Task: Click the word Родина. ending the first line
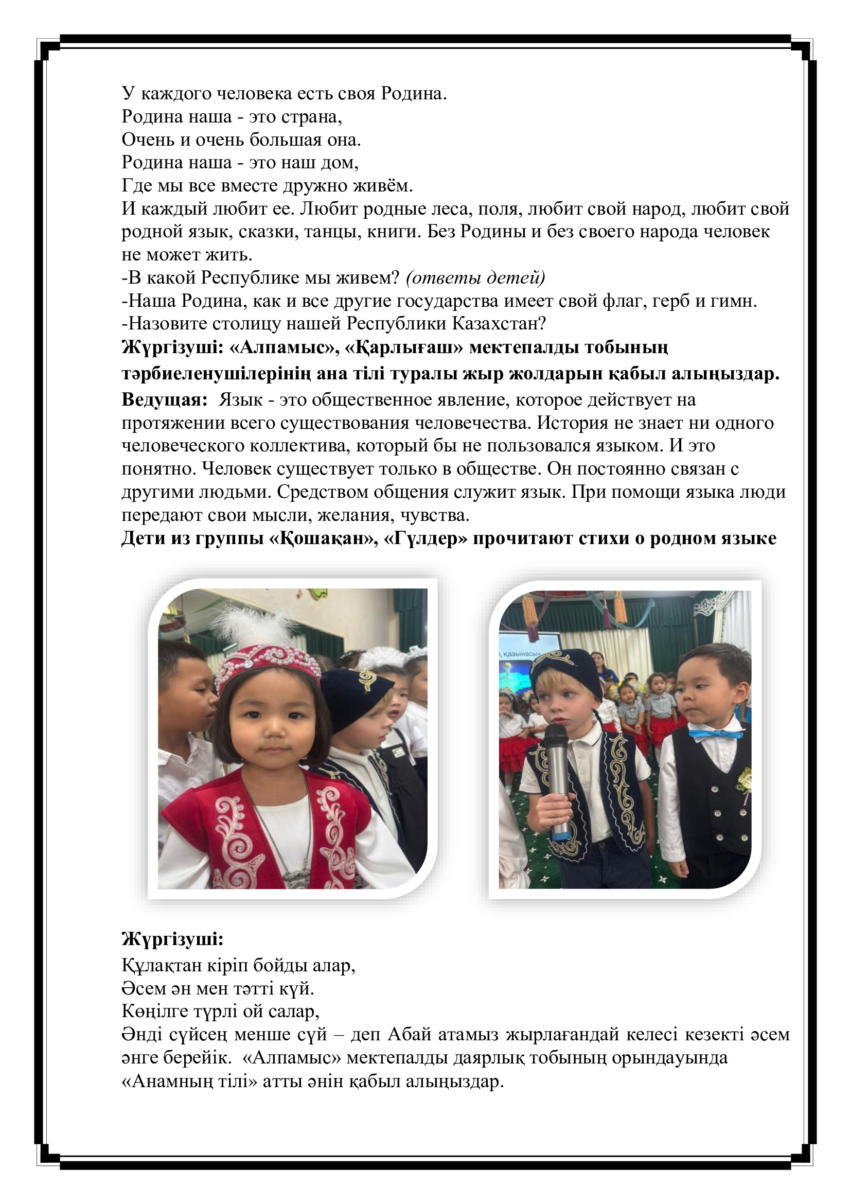(414, 93)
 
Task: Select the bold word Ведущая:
(165, 399)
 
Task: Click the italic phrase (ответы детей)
(475, 277)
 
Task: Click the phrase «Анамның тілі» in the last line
(190, 1081)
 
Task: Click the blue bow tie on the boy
(715, 734)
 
